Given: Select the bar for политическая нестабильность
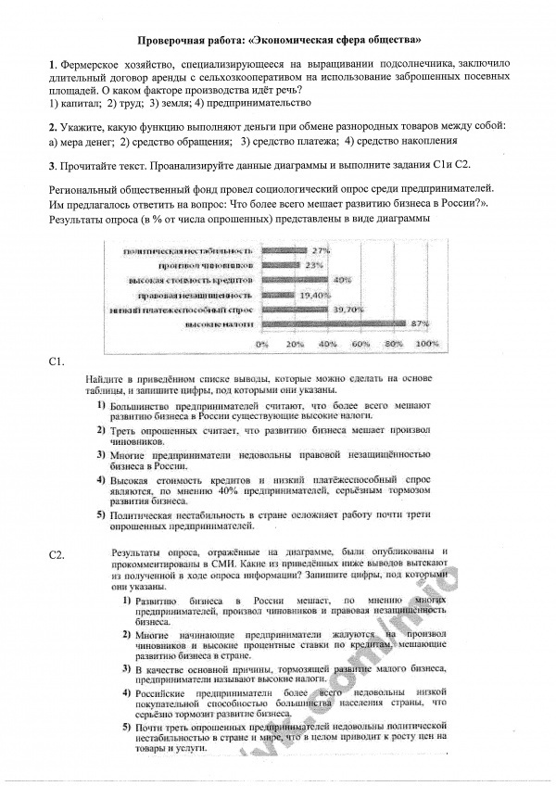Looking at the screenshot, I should [284, 250].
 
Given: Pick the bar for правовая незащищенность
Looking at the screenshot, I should [279, 294].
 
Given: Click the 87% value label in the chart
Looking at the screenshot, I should [420, 323].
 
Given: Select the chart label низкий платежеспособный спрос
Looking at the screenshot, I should [181, 309].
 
